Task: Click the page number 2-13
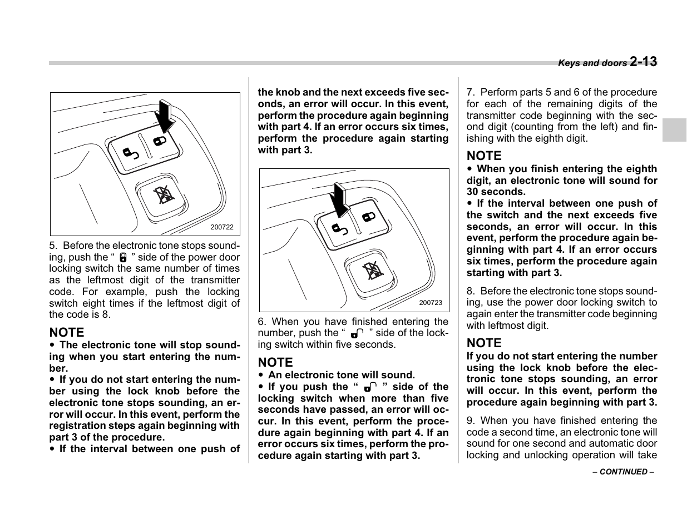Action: click(x=644, y=62)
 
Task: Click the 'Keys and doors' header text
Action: click(x=592, y=63)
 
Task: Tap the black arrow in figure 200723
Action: click(x=339, y=199)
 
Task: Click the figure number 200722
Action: click(x=222, y=227)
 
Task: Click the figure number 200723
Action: click(x=431, y=303)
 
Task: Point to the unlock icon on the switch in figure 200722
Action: click(x=131, y=153)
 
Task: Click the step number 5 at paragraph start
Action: click(x=52, y=246)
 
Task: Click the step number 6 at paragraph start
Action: click(x=261, y=322)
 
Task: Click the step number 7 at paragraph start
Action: click(x=470, y=92)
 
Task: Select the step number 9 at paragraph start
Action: click(x=470, y=421)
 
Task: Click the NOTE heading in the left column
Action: click(x=67, y=332)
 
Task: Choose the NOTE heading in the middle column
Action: click(x=275, y=362)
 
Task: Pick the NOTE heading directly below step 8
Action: click(x=484, y=343)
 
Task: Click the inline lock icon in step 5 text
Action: click(x=123, y=258)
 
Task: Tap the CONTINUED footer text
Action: click(x=623, y=472)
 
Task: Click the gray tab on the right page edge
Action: click(x=674, y=130)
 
